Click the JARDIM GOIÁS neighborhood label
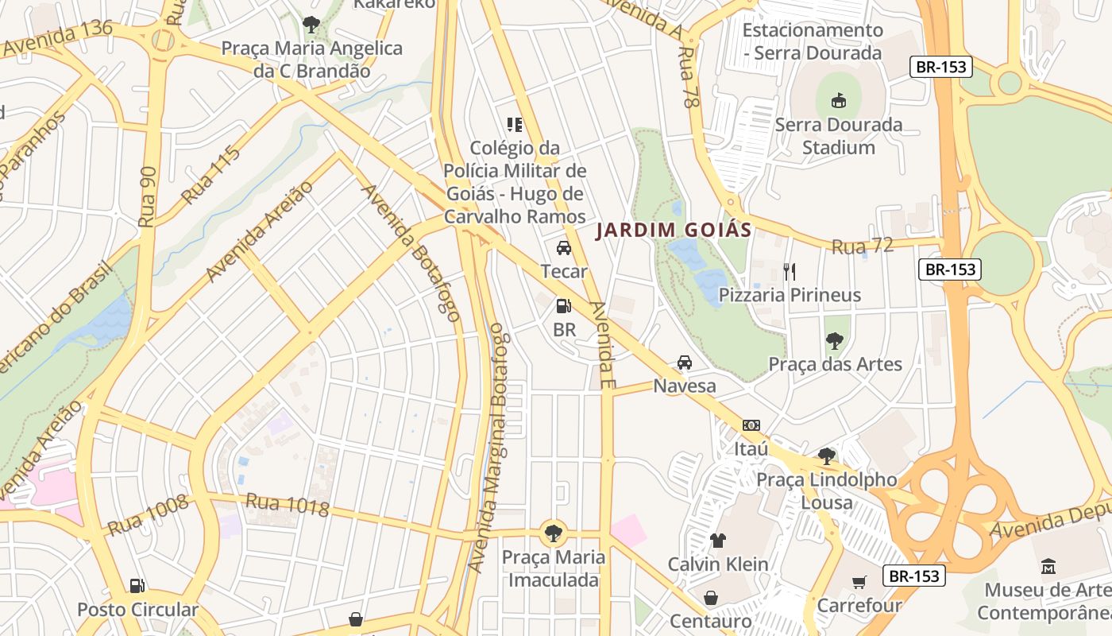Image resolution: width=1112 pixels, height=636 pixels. pos(674,231)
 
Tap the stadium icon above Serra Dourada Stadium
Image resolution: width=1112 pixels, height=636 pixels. pos(838,100)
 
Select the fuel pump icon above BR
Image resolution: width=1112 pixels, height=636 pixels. pos(563,305)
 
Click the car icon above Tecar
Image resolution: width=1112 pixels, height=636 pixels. pos(563,248)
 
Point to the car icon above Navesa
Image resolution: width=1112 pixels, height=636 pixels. pos(684,363)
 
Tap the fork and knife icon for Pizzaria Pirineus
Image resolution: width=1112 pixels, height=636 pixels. pos(789,272)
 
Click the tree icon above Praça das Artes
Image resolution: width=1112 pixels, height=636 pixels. pos(834,341)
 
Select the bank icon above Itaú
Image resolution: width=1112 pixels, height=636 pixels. pos(751,425)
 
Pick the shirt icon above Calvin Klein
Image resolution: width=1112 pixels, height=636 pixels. pos(717,541)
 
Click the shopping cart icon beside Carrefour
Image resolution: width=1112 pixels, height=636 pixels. pos(859,583)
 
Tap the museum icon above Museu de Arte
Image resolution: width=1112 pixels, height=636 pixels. pos(1048,567)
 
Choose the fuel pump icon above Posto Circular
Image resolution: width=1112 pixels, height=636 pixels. pos(137,586)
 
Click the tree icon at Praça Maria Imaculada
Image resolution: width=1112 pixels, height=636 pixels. pos(552,533)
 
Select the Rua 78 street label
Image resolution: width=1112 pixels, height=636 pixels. pos(688,76)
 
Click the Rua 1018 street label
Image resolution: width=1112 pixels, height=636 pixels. pos(287,506)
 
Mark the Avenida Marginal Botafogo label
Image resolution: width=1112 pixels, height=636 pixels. pos(497,448)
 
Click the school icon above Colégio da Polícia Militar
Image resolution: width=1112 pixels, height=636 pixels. pos(514,124)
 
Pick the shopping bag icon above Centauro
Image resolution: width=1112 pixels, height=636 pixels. pos(710,597)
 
